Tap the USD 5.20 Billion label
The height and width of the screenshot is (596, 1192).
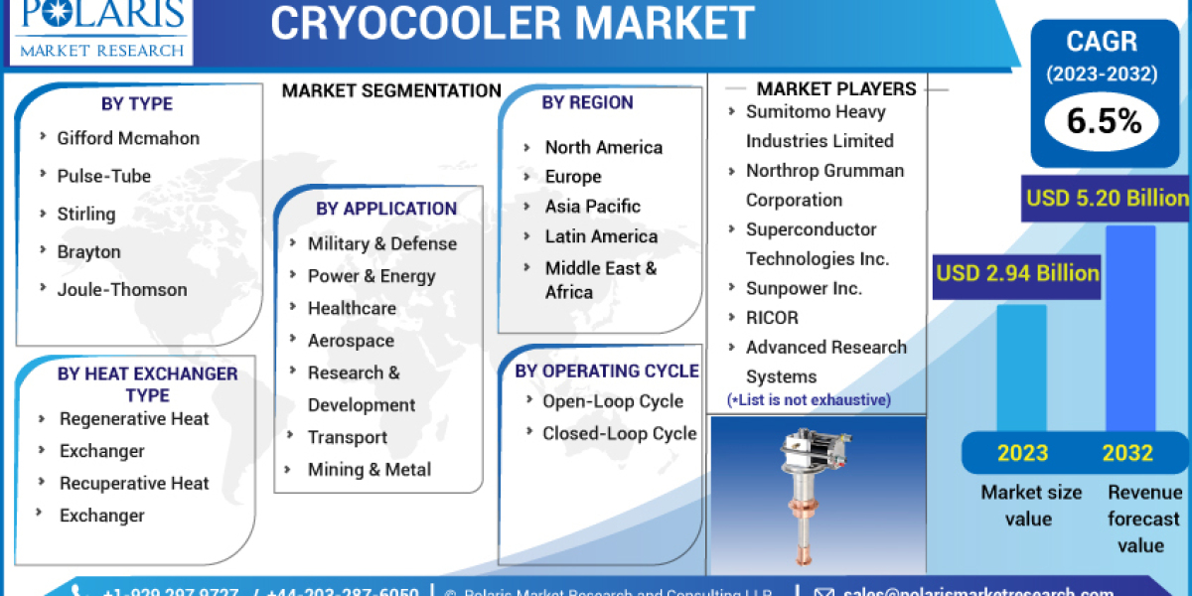(1107, 199)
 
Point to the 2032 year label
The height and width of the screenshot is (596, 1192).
(1127, 453)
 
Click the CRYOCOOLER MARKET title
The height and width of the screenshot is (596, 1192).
(512, 23)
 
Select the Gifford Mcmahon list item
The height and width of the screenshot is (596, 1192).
(128, 138)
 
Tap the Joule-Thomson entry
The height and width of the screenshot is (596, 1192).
(122, 289)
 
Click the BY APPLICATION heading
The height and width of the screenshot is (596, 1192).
(386, 209)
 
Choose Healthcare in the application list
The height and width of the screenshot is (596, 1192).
(352, 308)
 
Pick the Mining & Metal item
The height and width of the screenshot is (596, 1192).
(370, 470)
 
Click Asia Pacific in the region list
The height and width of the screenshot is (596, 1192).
(592, 207)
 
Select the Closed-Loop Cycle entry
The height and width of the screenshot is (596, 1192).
(619, 433)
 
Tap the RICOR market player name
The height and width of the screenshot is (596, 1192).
(772, 318)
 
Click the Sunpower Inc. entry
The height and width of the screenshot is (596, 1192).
(804, 288)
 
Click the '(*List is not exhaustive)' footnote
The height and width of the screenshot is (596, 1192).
(809, 400)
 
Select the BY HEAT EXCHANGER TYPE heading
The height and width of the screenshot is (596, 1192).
(147, 384)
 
